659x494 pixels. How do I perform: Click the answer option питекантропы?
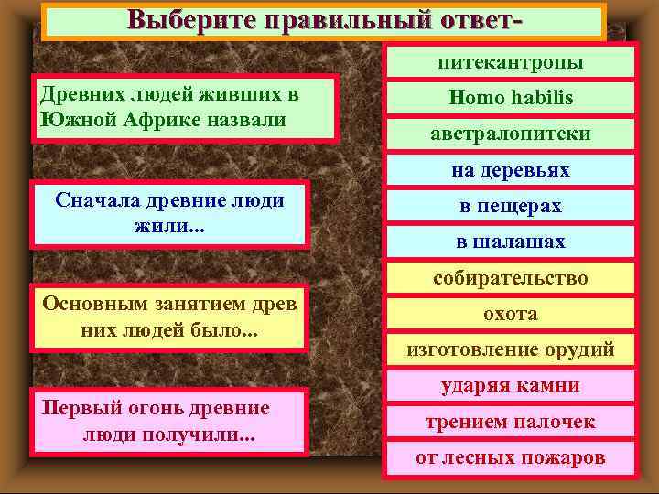click(510, 62)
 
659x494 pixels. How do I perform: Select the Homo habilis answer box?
click(510, 97)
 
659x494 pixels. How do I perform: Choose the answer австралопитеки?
click(510, 134)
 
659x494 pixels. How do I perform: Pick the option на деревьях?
click(510, 170)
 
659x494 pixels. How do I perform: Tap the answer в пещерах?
click(510, 206)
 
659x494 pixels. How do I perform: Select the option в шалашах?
click(510, 242)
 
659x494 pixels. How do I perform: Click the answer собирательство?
click(510, 277)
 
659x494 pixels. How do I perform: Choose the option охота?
click(510, 313)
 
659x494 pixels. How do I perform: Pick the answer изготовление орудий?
click(510, 349)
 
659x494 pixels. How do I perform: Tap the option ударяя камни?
click(510, 385)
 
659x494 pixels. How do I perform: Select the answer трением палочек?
click(510, 421)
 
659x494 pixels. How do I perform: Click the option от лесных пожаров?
click(510, 457)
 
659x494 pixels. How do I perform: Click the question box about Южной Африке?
click(185, 107)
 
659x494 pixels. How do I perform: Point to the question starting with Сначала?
click(169, 212)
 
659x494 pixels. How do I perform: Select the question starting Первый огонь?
click(169, 421)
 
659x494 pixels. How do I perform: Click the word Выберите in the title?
click(190, 19)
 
